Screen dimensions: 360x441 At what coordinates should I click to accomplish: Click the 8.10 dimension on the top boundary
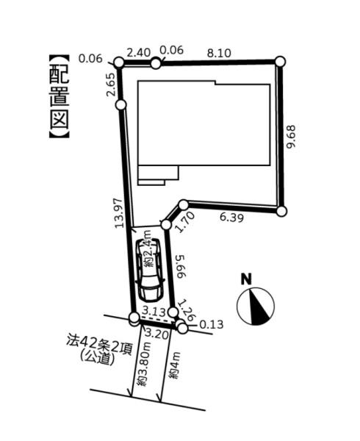coord(219,53)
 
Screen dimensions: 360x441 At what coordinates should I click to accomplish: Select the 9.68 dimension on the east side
coord(291,137)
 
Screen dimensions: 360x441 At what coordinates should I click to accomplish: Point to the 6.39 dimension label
coord(231,218)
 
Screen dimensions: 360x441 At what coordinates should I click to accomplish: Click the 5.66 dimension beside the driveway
coord(181,266)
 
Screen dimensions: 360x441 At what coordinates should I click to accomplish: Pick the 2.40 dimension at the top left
coord(139,53)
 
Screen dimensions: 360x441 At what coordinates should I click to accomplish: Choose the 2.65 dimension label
coord(110,85)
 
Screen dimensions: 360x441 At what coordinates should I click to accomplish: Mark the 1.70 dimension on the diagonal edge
coord(185,222)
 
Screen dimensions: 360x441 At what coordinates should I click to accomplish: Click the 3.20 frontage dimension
coord(156,334)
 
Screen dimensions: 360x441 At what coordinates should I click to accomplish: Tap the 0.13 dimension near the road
coord(212,324)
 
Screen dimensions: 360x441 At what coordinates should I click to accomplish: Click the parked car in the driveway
coord(149,270)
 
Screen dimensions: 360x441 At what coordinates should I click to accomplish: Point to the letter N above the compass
coord(246,279)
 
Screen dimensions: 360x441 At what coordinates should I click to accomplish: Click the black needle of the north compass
coord(259,308)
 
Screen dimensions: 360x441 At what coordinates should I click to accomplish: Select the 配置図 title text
coord(60,96)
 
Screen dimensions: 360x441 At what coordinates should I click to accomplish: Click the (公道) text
coord(97,359)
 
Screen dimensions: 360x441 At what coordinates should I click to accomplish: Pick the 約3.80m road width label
coord(142,365)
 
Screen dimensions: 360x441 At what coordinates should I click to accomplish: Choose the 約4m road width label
coord(174,365)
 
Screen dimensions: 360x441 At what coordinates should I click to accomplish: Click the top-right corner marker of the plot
coord(280,61)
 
